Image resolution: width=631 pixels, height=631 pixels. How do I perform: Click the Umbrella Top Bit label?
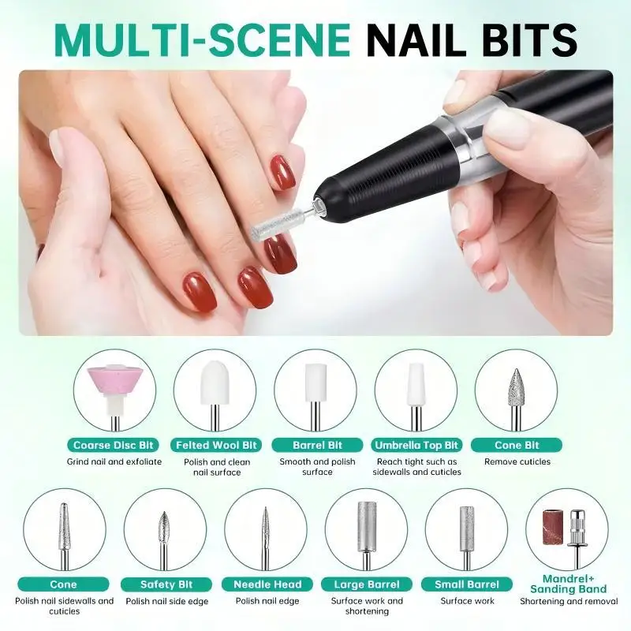tap(417, 445)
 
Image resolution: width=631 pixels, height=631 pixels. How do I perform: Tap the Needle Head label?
tap(267, 584)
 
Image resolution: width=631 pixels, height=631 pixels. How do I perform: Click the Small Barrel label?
tap(468, 584)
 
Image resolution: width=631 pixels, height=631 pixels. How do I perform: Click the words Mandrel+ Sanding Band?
tap(568, 584)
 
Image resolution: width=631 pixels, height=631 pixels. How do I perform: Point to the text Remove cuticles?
tap(517, 461)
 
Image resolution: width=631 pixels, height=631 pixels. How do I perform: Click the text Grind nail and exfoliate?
tap(114, 461)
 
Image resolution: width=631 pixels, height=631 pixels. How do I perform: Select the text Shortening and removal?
tap(568, 601)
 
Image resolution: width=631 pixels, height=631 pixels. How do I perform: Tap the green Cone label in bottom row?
tap(64, 584)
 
